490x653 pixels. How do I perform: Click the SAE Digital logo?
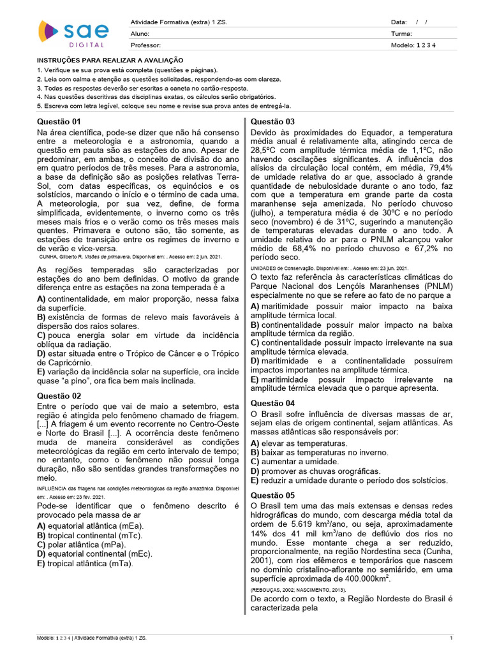tap(73, 33)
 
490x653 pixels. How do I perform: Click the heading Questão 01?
tap(59, 121)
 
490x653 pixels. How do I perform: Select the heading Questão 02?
tap(59, 396)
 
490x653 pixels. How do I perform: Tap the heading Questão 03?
tap(272, 121)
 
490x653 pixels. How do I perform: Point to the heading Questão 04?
tap(272, 403)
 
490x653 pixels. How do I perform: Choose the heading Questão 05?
tap(272, 495)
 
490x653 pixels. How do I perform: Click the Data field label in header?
tap(398, 22)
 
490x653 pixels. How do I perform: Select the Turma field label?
tap(401, 34)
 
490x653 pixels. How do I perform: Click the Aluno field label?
tap(140, 34)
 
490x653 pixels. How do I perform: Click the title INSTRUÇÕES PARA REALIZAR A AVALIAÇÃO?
tap(110, 59)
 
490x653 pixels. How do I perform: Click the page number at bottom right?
tap(451, 638)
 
